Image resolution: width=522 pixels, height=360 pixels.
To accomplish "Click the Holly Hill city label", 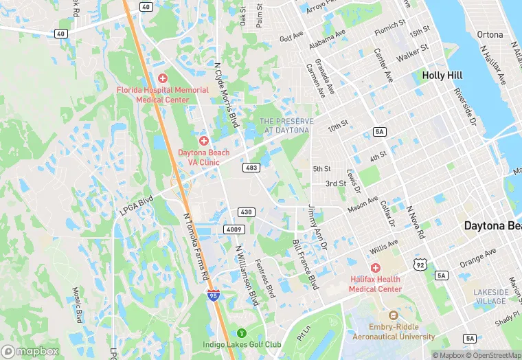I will pyautogui.click(x=442, y=75).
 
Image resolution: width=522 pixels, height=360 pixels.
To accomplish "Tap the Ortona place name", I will pyautogui.click(x=490, y=34).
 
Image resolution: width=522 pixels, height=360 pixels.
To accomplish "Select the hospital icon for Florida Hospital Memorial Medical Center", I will pyautogui.click(x=163, y=79).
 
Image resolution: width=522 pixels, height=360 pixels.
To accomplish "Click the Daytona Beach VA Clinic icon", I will pyautogui.click(x=204, y=141).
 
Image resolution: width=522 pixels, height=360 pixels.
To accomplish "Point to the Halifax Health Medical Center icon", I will pyautogui.click(x=375, y=267).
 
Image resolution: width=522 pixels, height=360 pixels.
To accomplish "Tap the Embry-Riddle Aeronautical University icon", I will pyautogui.click(x=394, y=315).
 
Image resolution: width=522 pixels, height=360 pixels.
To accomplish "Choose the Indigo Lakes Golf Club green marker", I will pyautogui.click(x=241, y=333).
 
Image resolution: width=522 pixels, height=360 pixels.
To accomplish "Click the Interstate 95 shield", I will pyautogui.click(x=214, y=295).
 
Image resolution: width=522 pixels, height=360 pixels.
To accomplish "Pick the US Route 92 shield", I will pyautogui.click(x=420, y=263).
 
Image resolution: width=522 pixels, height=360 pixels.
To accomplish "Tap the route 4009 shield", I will pyautogui.click(x=232, y=229).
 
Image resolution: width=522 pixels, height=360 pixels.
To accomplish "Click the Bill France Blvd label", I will pyautogui.click(x=306, y=264).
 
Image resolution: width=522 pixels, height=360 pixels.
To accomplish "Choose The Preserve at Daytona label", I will pyautogui.click(x=286, y=126).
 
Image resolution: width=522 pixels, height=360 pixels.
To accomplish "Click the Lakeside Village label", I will pyautogui.click(x=490, y=297).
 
